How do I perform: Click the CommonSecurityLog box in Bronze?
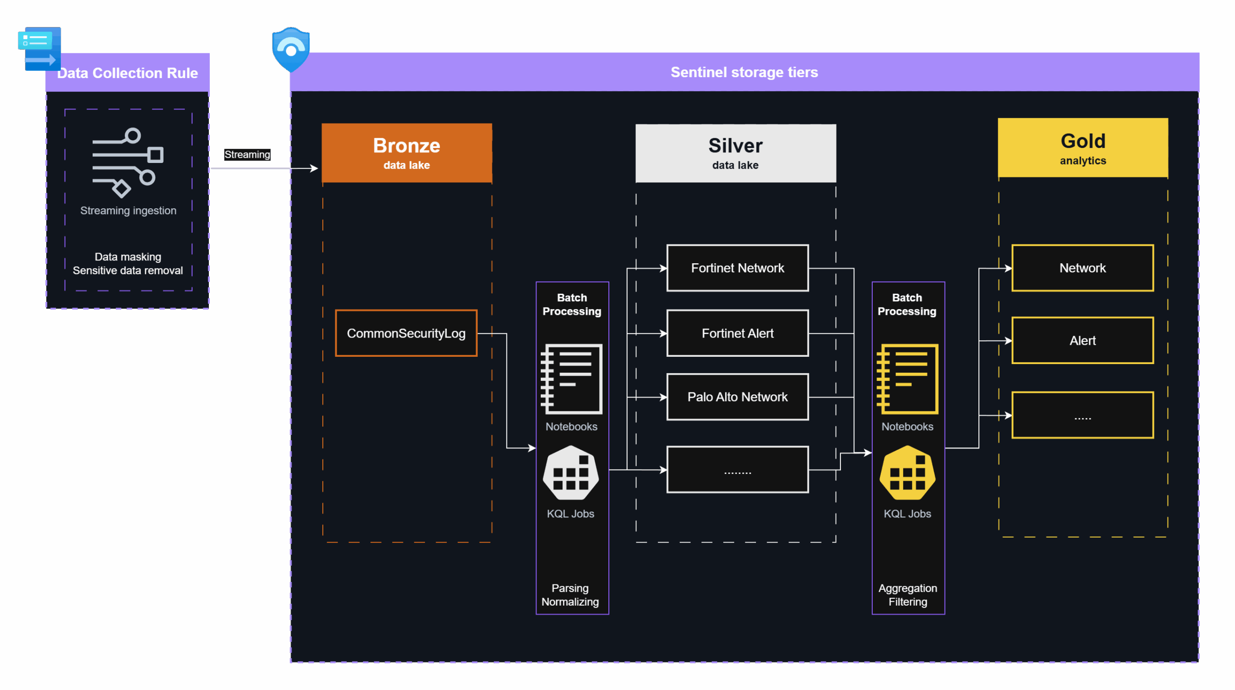pos(406,333)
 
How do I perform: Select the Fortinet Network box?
pos(737,268)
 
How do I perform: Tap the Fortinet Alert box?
pos(737,333)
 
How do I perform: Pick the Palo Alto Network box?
pos(737,397)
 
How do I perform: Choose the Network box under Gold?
pos(1083,268)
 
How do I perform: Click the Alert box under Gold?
pos(1083,340)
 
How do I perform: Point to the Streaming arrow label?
pos(247,154)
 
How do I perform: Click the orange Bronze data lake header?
pos(407,153)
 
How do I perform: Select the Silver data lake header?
pos(735,153)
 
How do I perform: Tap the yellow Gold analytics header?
pos(1083,148)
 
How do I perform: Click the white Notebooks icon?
pos(572,379)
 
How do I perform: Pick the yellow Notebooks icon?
pos(907,379)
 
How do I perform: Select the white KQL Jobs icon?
pos(571,473)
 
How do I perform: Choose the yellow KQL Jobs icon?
pos(907,473)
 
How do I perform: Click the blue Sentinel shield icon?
pos(291,50)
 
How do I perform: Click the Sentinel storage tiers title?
pos(744,72)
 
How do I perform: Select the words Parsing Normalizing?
pos(570,595)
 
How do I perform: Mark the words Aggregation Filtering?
pos(907,595)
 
